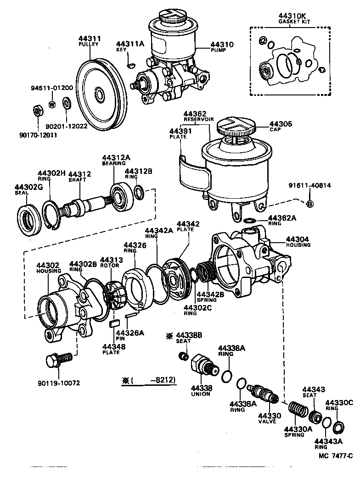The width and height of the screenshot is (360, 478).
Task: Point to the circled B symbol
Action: click(309, 204)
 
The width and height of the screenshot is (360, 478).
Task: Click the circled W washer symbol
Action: click(52, 104)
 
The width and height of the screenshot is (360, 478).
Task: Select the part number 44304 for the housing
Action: click(298, 239)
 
